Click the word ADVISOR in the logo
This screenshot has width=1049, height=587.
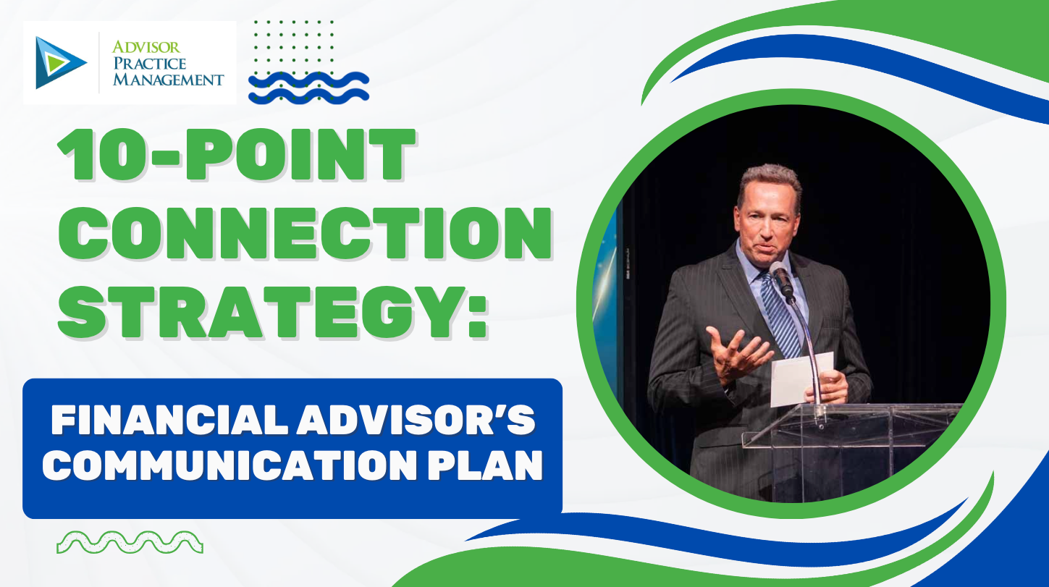[146, 47]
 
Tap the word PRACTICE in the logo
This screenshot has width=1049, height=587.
[149, 63]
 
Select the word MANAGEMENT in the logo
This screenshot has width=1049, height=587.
[168, 79]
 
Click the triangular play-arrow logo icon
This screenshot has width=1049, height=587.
[59, 63]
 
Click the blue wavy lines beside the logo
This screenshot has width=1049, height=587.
[308, 87]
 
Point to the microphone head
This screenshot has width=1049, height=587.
[780, 276]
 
